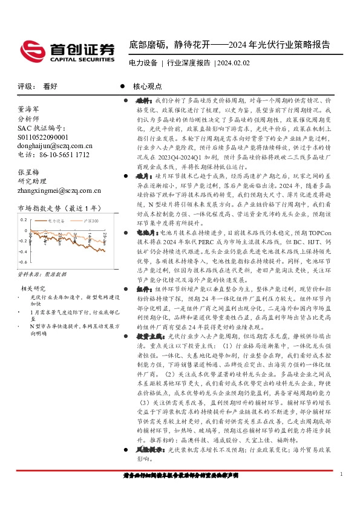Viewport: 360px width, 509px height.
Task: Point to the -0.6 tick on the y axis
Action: point(22,262)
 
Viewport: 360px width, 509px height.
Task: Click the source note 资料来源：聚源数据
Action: point(41,274)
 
